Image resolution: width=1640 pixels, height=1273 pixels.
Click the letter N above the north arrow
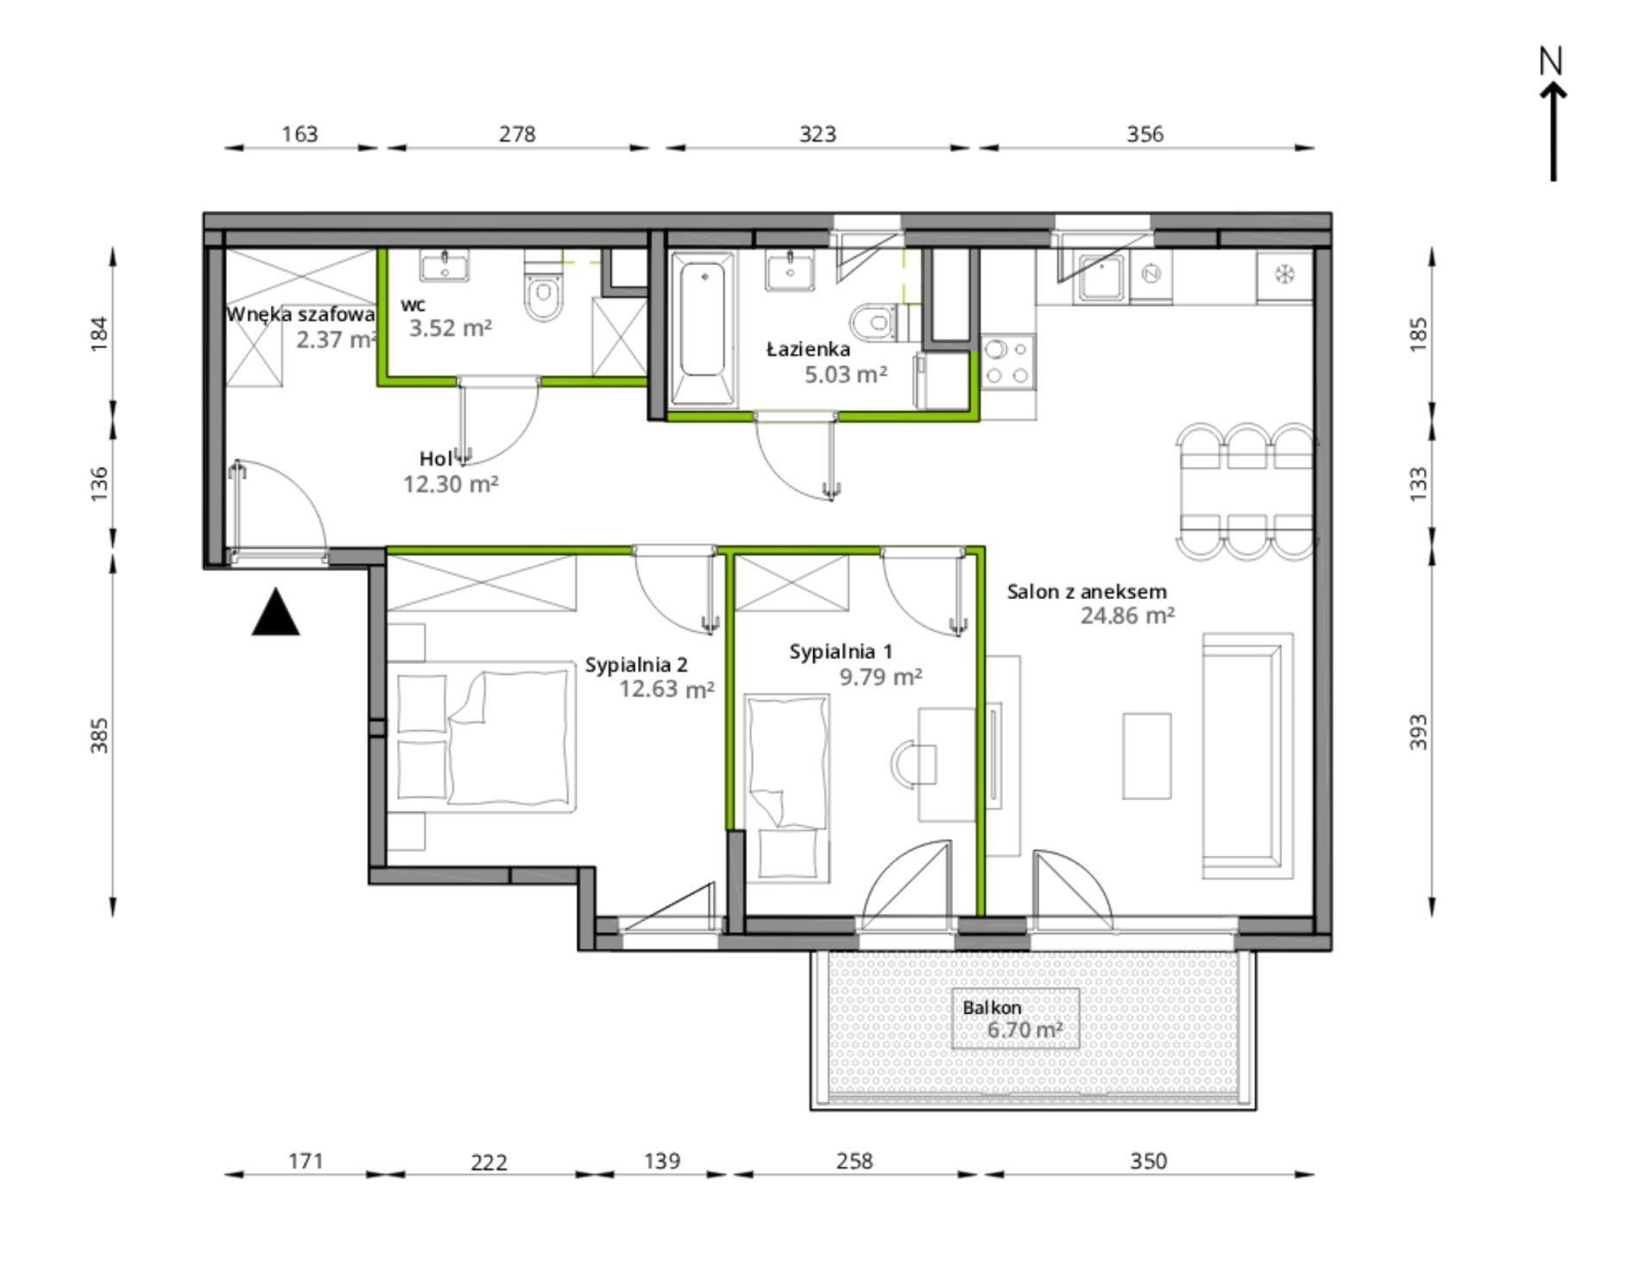(x=1551, y=60)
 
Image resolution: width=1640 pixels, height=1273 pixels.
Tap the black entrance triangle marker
(x=275, y=612)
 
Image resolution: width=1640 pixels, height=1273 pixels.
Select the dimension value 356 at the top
(x=1145, y=134)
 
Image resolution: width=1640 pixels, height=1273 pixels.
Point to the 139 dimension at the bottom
(x=662, y=1161)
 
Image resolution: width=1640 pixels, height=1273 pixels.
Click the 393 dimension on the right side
(x=1417, y=732)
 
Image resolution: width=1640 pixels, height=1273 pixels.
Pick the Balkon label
(x=992, y=1007)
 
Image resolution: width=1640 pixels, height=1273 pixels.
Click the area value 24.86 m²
(x=1127, y=615)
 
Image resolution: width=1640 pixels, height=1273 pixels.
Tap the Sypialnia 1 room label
(x=841, y=652)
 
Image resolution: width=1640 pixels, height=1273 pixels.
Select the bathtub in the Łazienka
(x=703, y=329)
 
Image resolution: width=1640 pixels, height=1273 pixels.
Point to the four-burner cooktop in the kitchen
(x=1008, y=362)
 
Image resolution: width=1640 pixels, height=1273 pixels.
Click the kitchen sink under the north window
(x=1101, y=279)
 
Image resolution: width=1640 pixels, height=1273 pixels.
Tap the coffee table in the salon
(x=1146, y=756)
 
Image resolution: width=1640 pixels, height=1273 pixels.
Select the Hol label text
(x=437, y=459)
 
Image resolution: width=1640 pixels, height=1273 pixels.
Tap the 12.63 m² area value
(x=666, y=689)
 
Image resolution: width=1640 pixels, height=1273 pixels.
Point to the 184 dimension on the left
(x=99, y=334)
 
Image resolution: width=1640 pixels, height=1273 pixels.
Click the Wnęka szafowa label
(x=300, y=315)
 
